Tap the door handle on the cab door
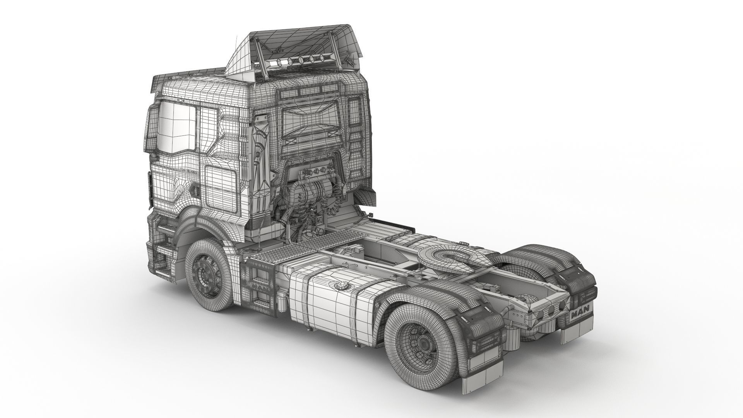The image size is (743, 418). pyautogui.click(x=194, y=190)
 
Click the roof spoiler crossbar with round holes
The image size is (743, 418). pyautogui.click(x=298, y=62)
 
